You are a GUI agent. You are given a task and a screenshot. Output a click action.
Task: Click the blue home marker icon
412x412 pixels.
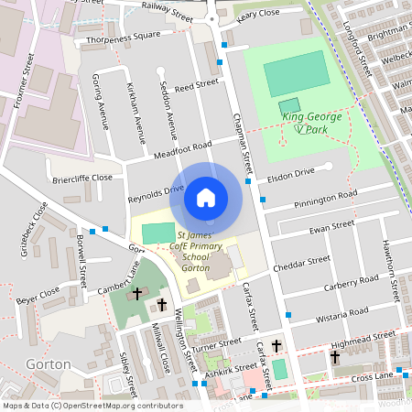click(x=206, y=198)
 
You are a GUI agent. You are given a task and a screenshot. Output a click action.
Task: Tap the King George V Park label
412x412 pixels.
click(x=312, y=123)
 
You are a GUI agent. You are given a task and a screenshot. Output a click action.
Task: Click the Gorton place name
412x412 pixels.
click(x=49, y=363)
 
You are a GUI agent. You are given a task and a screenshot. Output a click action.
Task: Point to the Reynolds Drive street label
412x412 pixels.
click(x=155, y=193)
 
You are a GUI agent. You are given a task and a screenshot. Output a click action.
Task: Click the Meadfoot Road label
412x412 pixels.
click(x=183, y=149)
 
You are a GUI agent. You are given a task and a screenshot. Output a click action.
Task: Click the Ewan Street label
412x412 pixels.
click(x=331, y=226)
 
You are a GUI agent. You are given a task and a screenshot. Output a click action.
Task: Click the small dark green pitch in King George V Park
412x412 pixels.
click(x=289, y=106)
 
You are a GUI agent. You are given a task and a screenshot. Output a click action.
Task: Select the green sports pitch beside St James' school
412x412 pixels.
click(x=157, y=233)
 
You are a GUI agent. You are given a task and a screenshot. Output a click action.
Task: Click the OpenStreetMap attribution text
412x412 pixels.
click(x=92, y=405)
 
